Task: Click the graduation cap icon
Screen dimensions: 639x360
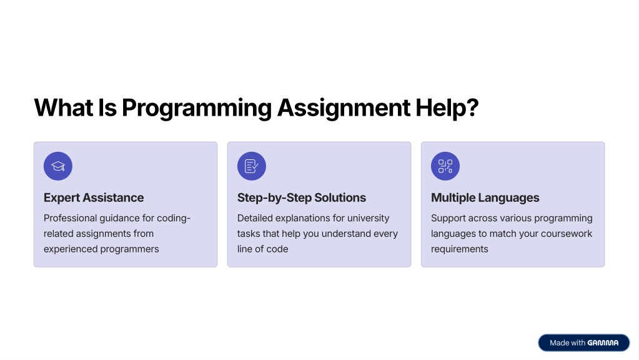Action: (58, 166)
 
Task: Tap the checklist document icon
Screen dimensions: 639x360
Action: (252, 166)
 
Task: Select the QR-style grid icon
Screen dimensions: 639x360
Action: (445, 166)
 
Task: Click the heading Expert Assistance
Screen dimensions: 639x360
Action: (94, 197)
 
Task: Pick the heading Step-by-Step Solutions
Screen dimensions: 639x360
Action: (302, 197)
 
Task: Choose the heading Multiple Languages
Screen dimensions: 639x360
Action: (485, 197)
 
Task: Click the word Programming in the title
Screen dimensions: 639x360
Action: (197, 108)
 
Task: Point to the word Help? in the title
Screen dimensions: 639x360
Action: (447, 107)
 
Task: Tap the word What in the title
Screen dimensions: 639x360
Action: (64, 107)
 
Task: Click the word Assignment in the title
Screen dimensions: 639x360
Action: (344, 108)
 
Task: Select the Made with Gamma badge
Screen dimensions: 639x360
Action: (583, 343)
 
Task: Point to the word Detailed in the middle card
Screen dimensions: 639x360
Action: (255, 218)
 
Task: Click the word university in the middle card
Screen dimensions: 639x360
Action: (369, 219)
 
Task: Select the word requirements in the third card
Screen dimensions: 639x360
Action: (460, 249)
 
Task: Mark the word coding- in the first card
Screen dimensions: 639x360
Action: (174, 219)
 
